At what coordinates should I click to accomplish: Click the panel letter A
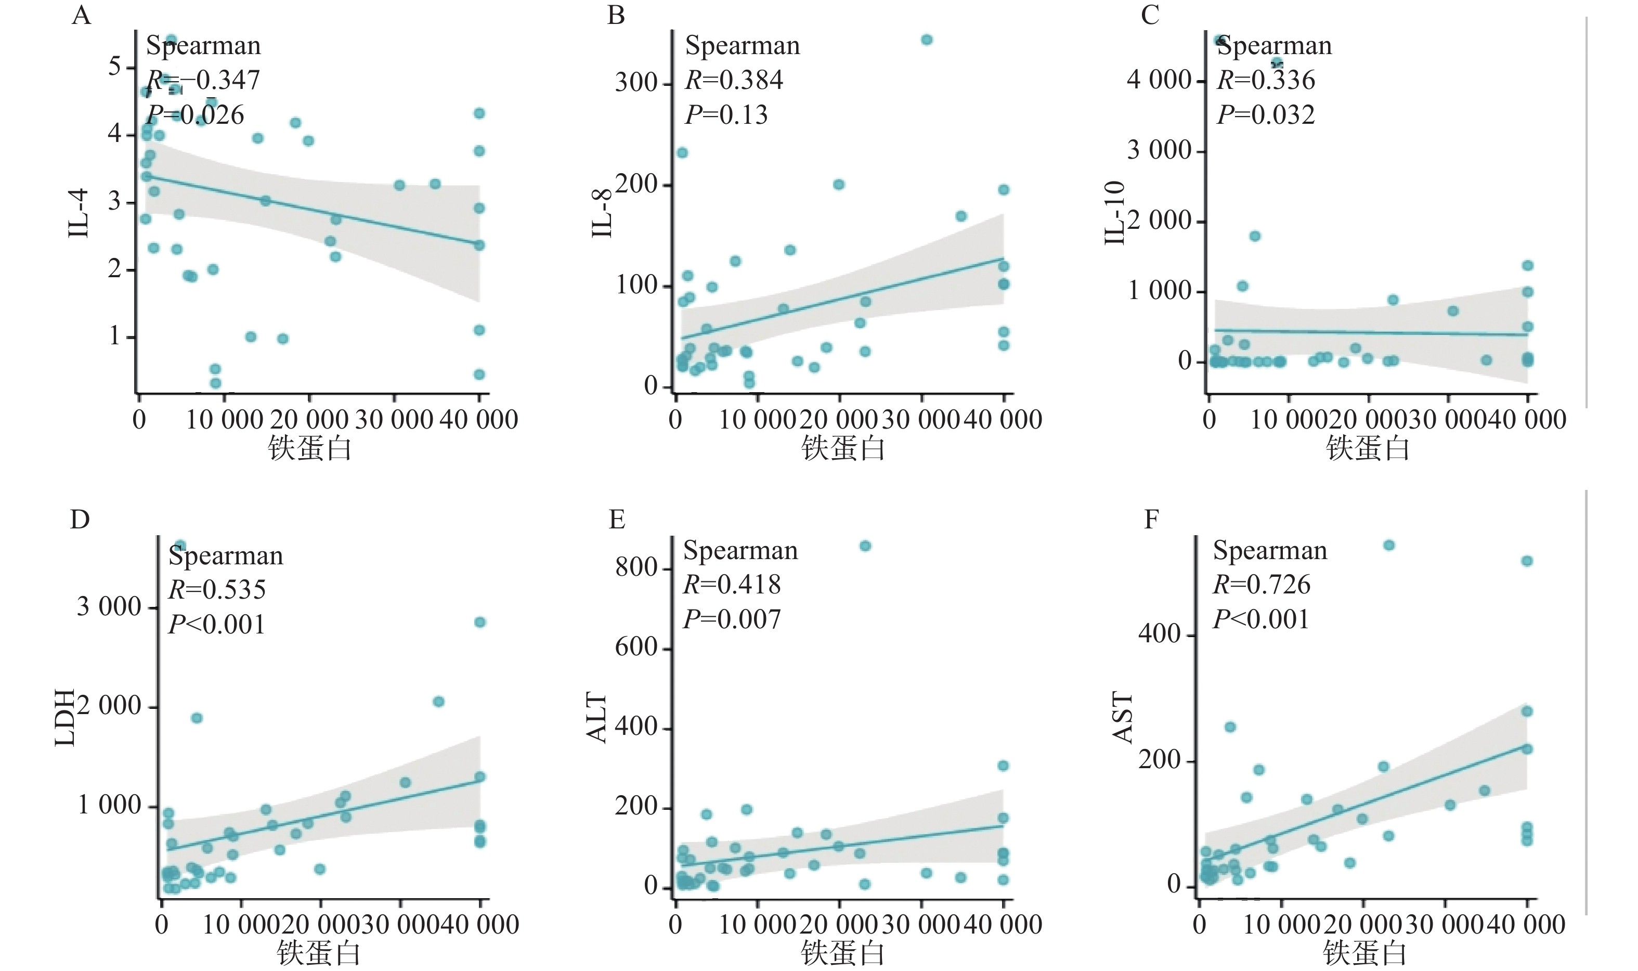pos(81,15)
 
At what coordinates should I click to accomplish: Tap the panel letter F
pos(1151,520)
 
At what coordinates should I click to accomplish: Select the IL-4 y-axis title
pos(79,213)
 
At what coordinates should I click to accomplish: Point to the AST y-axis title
pos(1123,718)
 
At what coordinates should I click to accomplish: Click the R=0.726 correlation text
pos(1261,584)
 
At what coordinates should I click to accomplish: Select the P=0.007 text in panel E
pos(731,619)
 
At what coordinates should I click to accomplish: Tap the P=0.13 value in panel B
pos(726,114)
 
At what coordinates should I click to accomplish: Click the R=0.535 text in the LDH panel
pos(216,590)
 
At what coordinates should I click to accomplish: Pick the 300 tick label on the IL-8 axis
pos(636,83)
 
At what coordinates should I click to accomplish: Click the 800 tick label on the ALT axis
pos(636,567)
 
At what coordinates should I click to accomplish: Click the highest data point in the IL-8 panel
pos(926,40)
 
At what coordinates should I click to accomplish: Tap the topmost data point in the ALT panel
pos(865,546)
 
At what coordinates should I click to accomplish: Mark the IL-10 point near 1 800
pos(1255,236)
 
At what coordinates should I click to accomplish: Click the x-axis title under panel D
pos(319,953)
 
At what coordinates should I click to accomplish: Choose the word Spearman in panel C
pos(1273,45)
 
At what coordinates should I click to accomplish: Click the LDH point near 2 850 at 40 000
pos(479,622)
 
